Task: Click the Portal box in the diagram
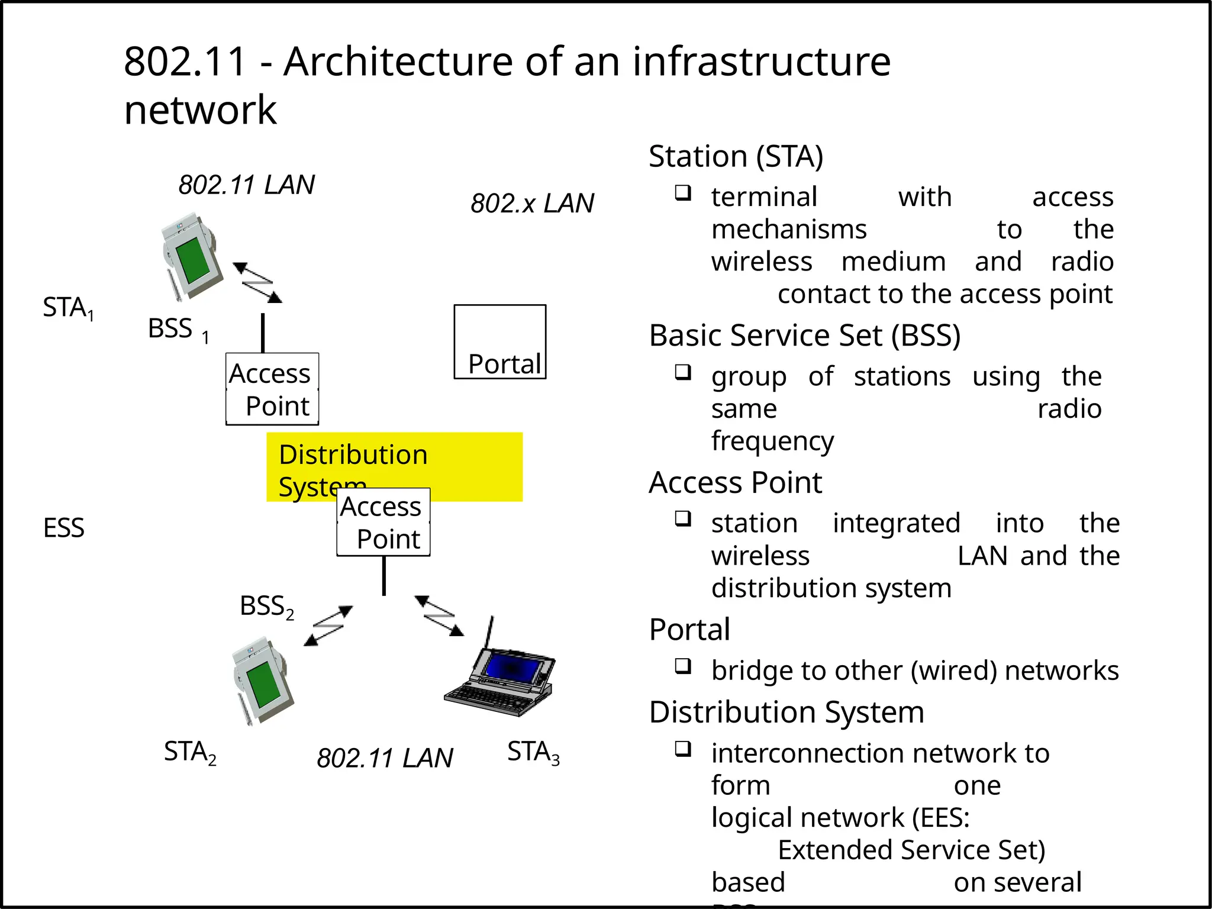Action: point(500,342)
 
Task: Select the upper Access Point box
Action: point(272,389)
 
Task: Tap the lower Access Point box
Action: point(383,522)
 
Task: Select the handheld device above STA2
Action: point(261,681)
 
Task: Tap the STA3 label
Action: point(533,753)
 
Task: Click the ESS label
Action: point(64,528)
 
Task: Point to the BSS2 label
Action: point(266,607)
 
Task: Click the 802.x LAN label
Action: point(532,204)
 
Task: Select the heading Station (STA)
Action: point(736,157)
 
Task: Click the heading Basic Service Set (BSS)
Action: point(804,336)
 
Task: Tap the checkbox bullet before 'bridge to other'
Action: point(683,666)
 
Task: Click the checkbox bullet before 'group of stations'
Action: point(683,372)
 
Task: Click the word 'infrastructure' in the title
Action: point(761,62)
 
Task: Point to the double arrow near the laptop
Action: point(439,616)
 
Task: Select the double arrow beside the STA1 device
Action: point(257,282)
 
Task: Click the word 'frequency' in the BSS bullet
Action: point(772,441)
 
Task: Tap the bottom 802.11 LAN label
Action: point(385,758)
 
